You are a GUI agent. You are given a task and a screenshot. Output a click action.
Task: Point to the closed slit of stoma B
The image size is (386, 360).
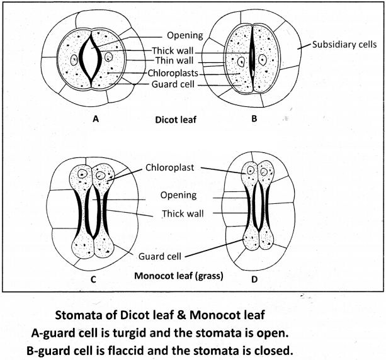252,60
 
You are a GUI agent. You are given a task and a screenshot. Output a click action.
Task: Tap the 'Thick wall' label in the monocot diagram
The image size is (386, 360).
181,213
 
